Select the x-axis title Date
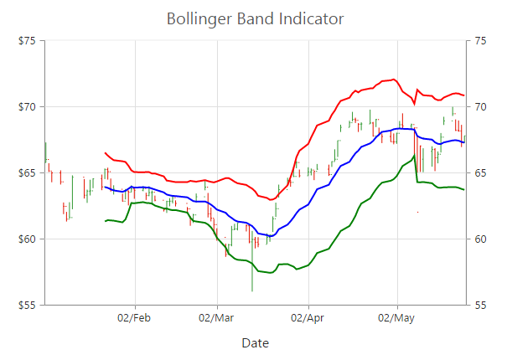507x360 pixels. pos(255,343)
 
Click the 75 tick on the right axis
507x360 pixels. pos(479,41)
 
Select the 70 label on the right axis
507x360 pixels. pos(479,107)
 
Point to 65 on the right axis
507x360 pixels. pos(479,173)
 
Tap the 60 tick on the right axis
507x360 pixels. pos(479,239)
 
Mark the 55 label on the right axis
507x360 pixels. pos(479,306)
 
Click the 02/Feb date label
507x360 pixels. pos(134,318)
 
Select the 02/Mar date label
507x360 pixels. pos(216,318)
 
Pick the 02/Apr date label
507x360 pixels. pos(308,318)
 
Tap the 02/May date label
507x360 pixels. pos(396,318)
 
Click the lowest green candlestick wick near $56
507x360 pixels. pos(252,285)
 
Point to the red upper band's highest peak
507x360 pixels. pos(394,80)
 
